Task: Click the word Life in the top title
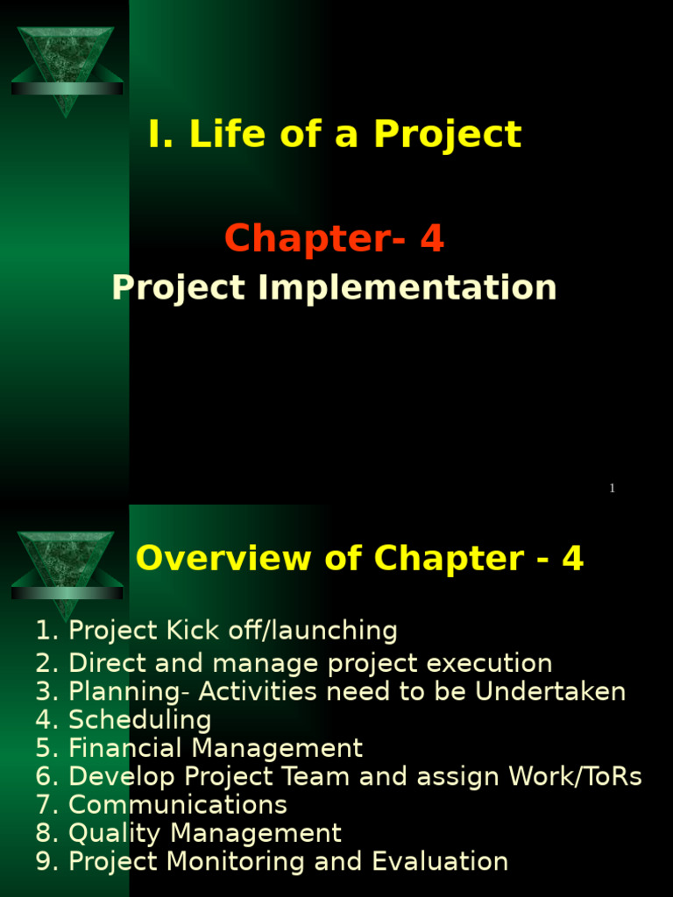[223, 136]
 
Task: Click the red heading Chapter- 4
[334, 239]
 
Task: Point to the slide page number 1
[613, 489]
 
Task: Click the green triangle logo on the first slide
[67, 66]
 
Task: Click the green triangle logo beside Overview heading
[67, 569]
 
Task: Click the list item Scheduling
[139, 721]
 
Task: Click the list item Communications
[177, 805]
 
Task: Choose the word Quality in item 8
[115, 833]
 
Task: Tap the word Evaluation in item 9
[440, 862]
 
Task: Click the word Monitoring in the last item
[236, 862]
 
